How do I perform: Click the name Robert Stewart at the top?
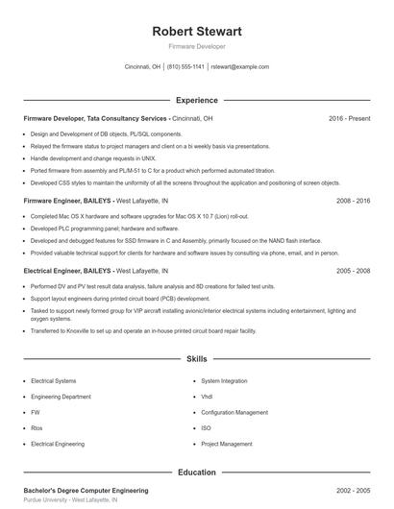(197, 31)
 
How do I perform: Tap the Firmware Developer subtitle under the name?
(197, 46)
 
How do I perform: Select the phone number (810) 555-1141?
(185, 67)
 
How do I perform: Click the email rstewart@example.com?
(239, 67)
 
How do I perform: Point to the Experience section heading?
(197, 100)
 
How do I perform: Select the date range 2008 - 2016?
(354, 202)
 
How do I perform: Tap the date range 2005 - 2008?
(354, 272)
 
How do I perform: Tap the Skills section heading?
(197, 359)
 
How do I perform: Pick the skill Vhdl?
(207, 397)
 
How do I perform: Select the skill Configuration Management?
(234, 412)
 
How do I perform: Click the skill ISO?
(206, 428)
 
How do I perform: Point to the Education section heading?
(197, 473)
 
